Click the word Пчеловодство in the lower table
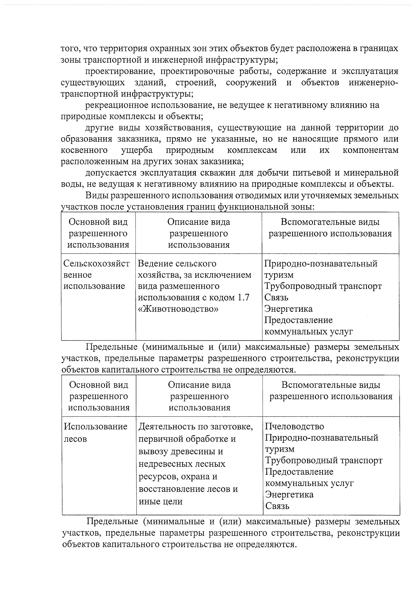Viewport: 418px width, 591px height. pos(294,427)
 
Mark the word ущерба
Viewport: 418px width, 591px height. pos(137,150)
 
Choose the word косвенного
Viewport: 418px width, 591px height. pos(84,150)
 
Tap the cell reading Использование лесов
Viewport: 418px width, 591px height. pos(95,433)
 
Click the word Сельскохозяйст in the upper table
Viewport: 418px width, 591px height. pos(97,264)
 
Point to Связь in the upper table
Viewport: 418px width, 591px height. pos(276,298)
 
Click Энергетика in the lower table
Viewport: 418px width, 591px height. pos(289,495)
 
